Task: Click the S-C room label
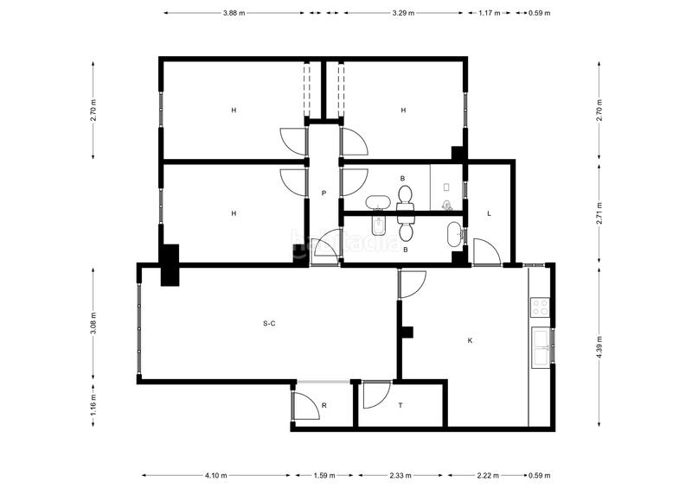pos(269,324)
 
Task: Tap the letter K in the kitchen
pos(471,340)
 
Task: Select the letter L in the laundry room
pos(490,213)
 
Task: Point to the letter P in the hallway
pos(324,193)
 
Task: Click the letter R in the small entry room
pos(324,405)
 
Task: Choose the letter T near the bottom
pos(400,405)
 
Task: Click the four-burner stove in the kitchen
pos(541,307)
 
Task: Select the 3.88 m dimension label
pos(234,13)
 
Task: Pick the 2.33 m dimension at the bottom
pos(400,475)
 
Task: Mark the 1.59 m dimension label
pos(324,475)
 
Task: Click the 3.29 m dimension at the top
pos(403,13)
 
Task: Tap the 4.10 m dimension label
pos(216,475)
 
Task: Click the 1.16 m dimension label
pos(94,403)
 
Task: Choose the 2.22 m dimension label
pos(487,475)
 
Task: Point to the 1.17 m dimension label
pos(490,13)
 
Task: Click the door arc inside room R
pos(306,403)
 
